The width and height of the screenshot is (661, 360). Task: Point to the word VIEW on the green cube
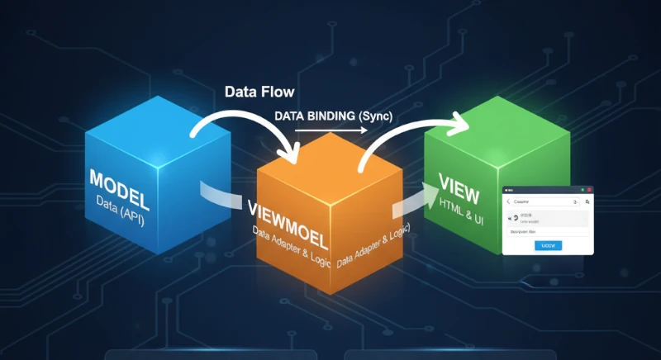click(x=459, y=185)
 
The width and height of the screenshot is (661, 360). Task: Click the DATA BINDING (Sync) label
click(x=334, y=116)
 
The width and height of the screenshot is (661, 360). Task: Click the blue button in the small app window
click(x=549, y=245)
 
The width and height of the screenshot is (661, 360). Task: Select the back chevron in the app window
click(x=508, y=201)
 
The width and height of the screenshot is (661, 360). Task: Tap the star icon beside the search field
click(x=587, y=201)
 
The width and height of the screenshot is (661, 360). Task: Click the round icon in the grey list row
click(x=516, y=219)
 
